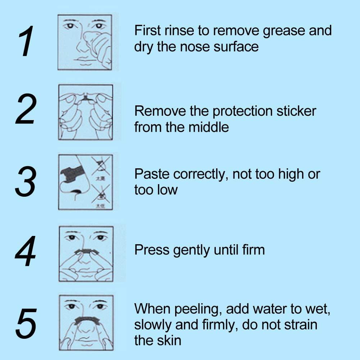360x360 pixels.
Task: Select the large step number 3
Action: click(26, 182)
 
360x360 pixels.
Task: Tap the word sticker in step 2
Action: click(296, 111)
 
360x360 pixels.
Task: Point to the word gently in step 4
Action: click(191, 250)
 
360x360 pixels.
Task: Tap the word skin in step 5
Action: click(169, 340)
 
